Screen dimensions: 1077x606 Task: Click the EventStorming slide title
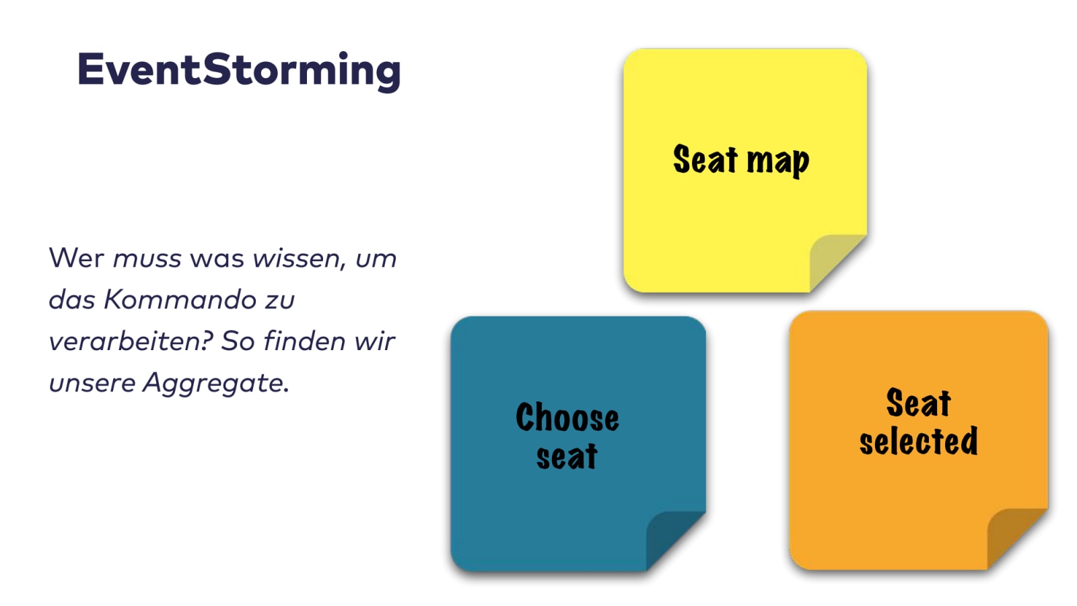239,71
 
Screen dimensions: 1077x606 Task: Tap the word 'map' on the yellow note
778,162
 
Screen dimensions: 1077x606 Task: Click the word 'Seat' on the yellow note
705,159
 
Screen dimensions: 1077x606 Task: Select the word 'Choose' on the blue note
567,417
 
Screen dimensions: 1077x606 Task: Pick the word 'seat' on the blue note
567,455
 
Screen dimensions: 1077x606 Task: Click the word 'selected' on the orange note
919,440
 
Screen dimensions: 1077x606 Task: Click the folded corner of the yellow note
837,262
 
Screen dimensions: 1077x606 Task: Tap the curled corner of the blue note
674,539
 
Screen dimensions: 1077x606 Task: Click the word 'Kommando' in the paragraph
180,300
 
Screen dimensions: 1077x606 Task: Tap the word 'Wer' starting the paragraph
77,258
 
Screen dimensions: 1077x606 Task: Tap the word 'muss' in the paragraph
147,259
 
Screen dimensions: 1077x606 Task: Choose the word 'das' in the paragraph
72,300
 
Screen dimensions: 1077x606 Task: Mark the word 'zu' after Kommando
280,301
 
